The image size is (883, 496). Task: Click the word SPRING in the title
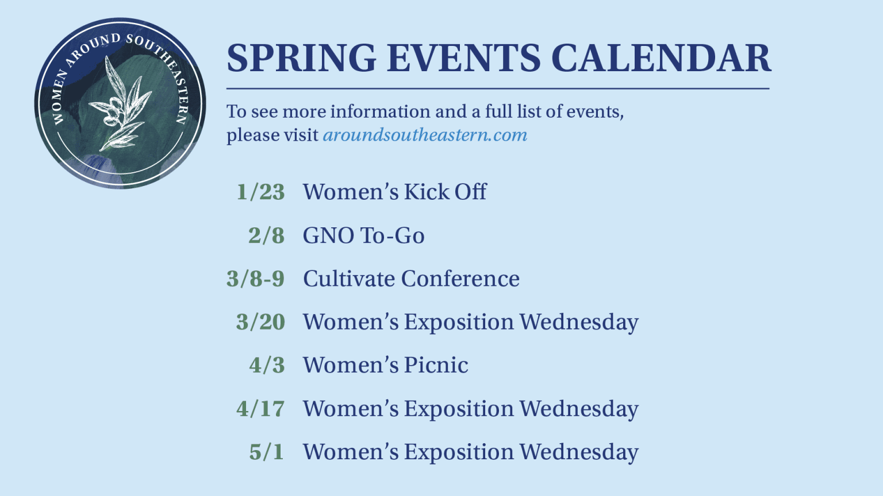pos(302,58)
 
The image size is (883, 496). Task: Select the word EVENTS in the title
pos(463,58)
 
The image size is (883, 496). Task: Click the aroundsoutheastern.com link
pos(425,135)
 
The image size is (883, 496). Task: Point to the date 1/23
pos(260,192)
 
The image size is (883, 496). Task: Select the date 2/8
pos(267,235)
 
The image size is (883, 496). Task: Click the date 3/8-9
pos(255,278)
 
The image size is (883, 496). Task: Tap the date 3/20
pos(260,322)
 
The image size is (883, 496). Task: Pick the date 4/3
pos(267,365)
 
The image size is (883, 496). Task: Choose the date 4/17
pos(260,408)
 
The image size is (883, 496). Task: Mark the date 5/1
pos(267,452)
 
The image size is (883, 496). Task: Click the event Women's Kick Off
pos(394,192)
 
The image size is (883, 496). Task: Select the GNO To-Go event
pos(363,235)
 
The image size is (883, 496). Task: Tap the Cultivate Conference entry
pos(411,278)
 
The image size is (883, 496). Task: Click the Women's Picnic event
pos(386,365)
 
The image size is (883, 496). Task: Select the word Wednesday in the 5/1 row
pos(579,452)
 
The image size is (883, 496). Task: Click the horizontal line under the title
pos(498,88)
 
